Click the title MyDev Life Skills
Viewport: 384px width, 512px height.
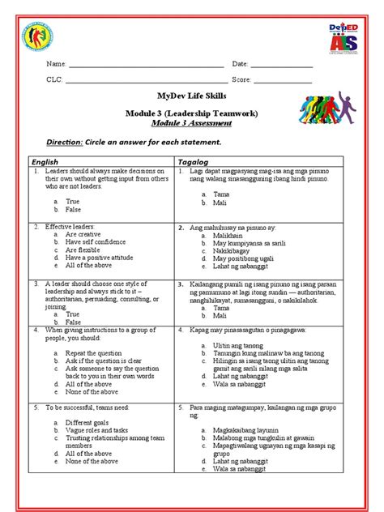pyautogui.click(x=191, y=96)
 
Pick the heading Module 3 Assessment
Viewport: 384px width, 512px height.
pyautogui.click(x=191, y=124)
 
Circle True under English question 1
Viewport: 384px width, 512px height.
pyautogui.click(x=72, y=201)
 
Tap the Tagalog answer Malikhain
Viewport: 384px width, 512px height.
pyautogui.click(x=230, y=235)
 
